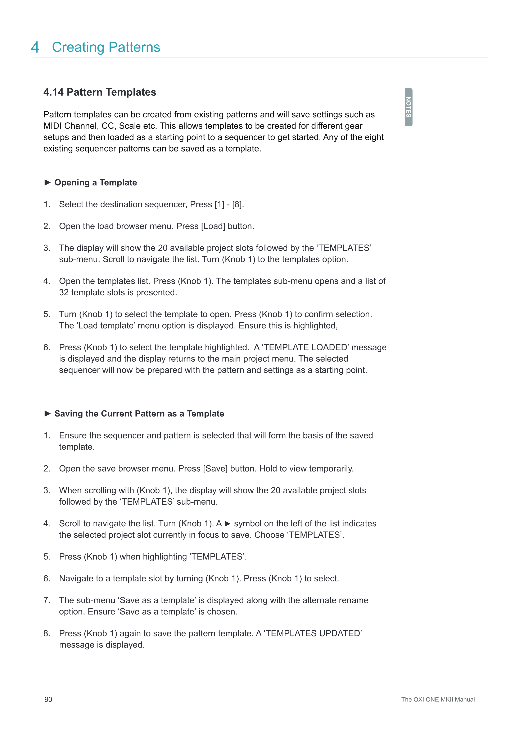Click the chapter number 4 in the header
tap(35, 47)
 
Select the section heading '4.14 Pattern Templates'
tap(100, 92)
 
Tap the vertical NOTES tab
tap(409, 107)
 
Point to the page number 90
tap(48, 699)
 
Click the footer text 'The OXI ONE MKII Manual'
tap(438, 699)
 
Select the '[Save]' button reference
tap(215, 469)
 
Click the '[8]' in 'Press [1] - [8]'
tap(237, 205)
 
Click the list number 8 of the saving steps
tap(47, 633)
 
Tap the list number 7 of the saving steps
tap(47, 600)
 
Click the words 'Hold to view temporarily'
tap(306, 469)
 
